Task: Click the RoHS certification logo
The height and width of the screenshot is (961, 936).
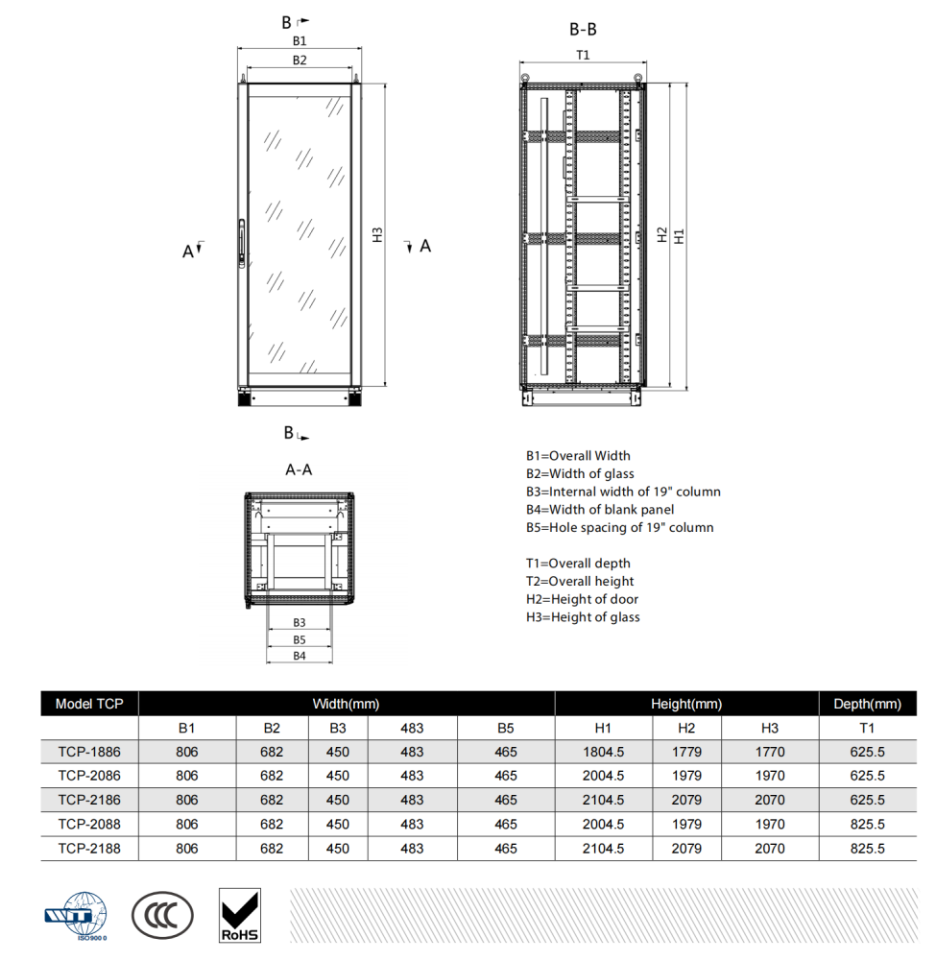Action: [240, 914]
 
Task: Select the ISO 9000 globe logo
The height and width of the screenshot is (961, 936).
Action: [76, 915]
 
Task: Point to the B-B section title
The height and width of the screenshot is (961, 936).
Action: [583, 30]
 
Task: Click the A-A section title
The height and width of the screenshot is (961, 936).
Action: [299, 470]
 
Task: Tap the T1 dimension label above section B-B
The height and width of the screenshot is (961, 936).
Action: [582, 55]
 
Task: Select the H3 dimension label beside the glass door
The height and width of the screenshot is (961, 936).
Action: [378, 234]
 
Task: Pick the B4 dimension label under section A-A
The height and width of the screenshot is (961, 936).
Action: [300, 656]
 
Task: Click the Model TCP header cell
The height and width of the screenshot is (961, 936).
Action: [89, 704]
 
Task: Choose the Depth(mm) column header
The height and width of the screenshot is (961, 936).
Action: [867, 704]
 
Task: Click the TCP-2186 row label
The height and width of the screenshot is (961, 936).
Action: [89, 800]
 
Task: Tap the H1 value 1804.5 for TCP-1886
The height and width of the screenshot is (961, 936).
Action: [603, 752]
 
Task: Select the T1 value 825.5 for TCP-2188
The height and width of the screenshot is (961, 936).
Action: [867, 849]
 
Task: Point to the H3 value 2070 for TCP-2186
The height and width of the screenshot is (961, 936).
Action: [769, 800]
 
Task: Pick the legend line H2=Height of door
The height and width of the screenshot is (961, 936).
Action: [582, 600]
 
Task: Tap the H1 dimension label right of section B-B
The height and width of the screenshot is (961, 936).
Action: [679, 235]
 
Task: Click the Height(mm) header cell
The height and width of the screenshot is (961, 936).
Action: [686, 704]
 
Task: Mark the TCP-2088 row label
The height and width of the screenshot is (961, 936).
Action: [89, 824]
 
